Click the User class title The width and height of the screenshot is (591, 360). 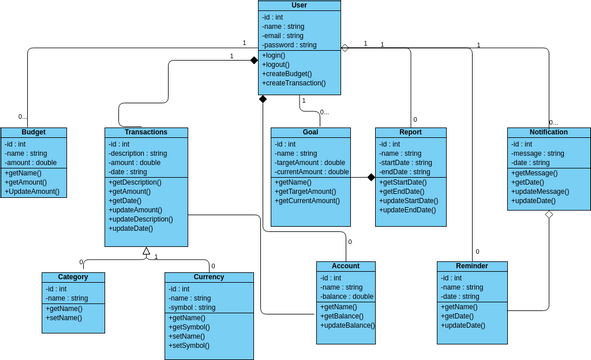click(x=300, y=6)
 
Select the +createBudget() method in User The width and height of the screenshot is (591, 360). click(x=288, y=74)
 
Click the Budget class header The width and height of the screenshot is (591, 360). click(x=32, y=132)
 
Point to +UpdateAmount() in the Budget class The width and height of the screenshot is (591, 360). click(x=32, y=191)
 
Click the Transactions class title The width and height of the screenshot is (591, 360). click(x=145, y=132)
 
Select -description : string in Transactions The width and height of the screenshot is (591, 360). click(x=138, y=153)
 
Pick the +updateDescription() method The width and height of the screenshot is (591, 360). click(x=146, y=219)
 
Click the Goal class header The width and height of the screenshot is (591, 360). click(x=310, y=132)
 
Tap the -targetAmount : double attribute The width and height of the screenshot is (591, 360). click(x=310, y=162)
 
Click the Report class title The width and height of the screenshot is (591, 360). click(x=410, y=132)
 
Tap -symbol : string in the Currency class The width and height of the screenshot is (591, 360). click(x=193, y=307)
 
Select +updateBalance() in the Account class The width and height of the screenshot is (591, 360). click(x=347, y=326)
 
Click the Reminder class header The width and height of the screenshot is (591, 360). click(x=472, y=267)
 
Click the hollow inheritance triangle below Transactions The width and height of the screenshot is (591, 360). click(x=145, y=252)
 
